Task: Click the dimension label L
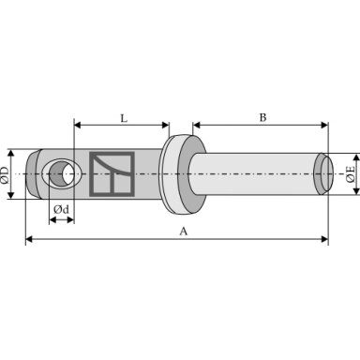(124, 118)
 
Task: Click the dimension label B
(263, 118)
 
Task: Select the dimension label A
(184, 232)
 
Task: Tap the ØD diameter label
(5, 174)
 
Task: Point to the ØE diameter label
(351, 173)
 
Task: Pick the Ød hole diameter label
(61, 209)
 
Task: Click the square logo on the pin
(112, 174)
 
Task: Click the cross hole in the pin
(62, 173)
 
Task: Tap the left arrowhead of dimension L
(78, 126)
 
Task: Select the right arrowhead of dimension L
(166, 126)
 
